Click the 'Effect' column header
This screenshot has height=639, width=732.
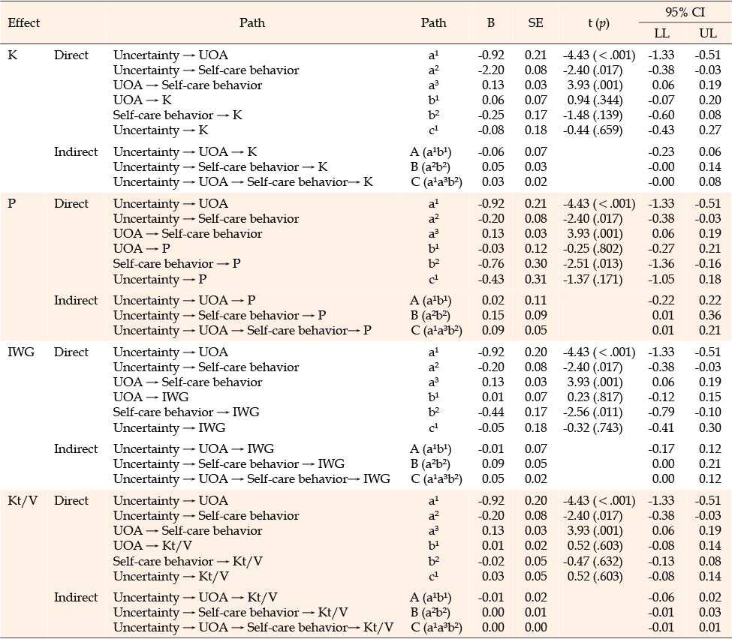click(24, 22)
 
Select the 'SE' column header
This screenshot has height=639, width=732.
click(535, 22)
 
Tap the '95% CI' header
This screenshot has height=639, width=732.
click(685, 12)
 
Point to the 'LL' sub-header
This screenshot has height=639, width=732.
click(661, 33)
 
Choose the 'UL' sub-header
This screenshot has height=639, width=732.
click(708, 33)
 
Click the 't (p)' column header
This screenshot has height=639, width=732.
click(598, 23)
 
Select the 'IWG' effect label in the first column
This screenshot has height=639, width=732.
click(21, 352)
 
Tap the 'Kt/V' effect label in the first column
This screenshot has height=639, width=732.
click(23, 501)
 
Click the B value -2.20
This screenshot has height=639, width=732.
click(491, 70)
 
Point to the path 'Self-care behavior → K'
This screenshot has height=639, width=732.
click(177, 115)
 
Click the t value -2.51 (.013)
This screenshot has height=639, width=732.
click(593, 264)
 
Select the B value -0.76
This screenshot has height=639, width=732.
click(491, 263)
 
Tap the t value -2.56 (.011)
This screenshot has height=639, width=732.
click(593, 412)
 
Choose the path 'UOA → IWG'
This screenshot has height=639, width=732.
click(151, 397)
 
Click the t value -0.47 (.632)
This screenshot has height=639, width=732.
click(593, 562)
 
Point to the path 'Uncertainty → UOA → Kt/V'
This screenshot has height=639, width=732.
click(195, 598)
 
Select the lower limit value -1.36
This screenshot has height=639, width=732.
click(661, 263)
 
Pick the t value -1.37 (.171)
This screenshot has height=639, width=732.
click(593, 280)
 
